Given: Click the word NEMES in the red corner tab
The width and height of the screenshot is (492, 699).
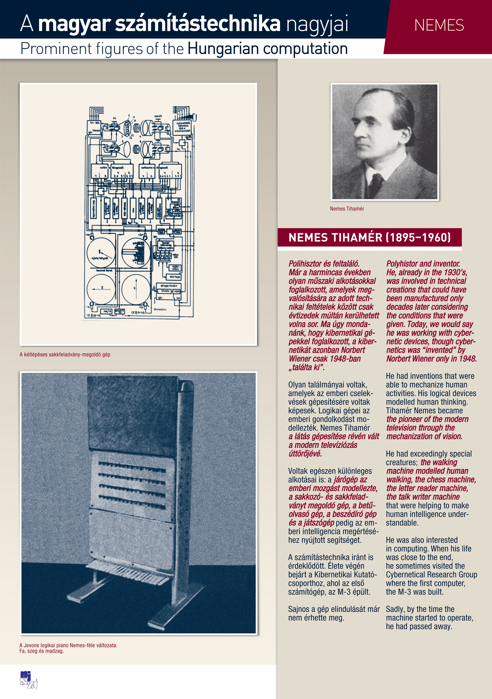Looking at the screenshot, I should (x=439, y=25).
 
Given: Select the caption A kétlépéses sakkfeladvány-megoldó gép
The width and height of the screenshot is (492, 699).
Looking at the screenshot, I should (x=65, y=354).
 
